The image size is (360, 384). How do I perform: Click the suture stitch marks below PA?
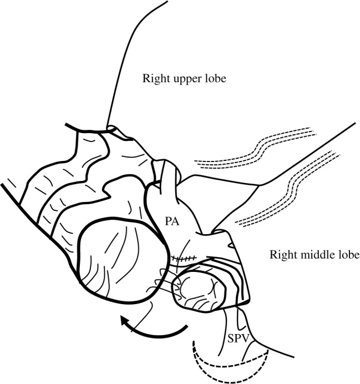183,258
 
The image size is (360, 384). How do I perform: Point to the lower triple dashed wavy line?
288,189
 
